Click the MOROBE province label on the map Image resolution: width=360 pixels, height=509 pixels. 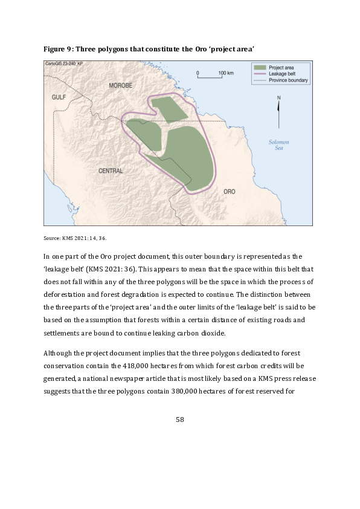coord(120,86)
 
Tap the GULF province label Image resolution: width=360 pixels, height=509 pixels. coord(59,97)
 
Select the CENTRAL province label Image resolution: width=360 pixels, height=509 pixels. coord(111,171)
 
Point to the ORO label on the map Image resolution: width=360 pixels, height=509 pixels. coord(229,191)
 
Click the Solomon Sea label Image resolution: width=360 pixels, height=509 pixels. coord(279,145)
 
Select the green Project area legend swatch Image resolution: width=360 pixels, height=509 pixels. coord(260,67)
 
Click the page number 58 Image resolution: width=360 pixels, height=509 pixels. coord(179,418)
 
